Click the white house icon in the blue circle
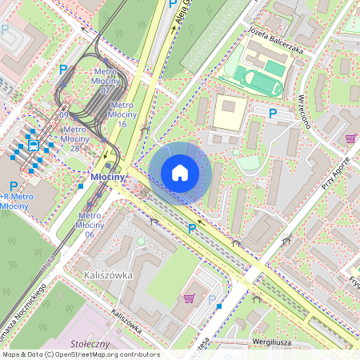coord(180,173)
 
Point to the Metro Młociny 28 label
coord(74,138)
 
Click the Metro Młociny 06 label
coord(90,225)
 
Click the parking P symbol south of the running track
coord(272,114)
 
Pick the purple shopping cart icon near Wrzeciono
coord(350,138)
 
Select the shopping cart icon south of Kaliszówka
coord(189,298)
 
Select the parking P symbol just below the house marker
coord(191,228)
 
